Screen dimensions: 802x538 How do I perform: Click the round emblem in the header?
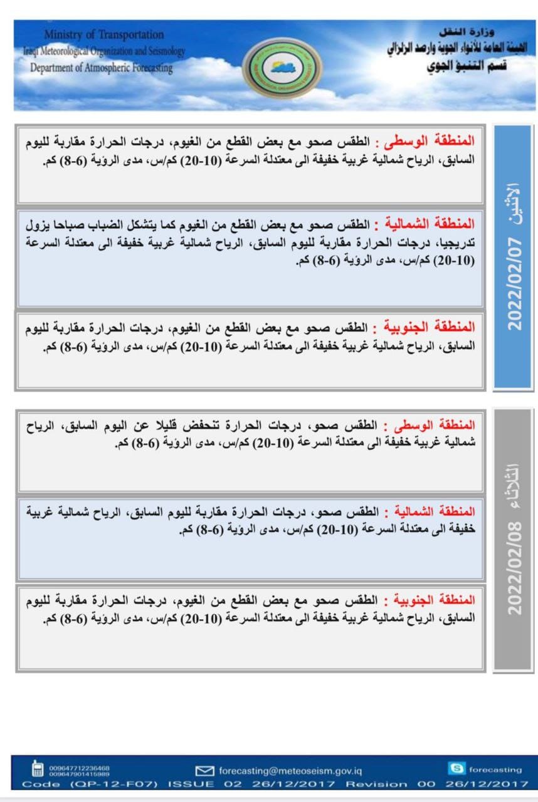tap(282, 68)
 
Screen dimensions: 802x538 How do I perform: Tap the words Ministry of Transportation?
tap(104, 34)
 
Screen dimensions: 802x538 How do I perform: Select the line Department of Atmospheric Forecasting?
tap(101, 68)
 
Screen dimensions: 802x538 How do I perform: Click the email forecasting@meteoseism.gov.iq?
tap(290, 771)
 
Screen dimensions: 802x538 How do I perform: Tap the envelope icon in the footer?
tap(205, 771)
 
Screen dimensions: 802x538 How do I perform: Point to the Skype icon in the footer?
tap(457, 768)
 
